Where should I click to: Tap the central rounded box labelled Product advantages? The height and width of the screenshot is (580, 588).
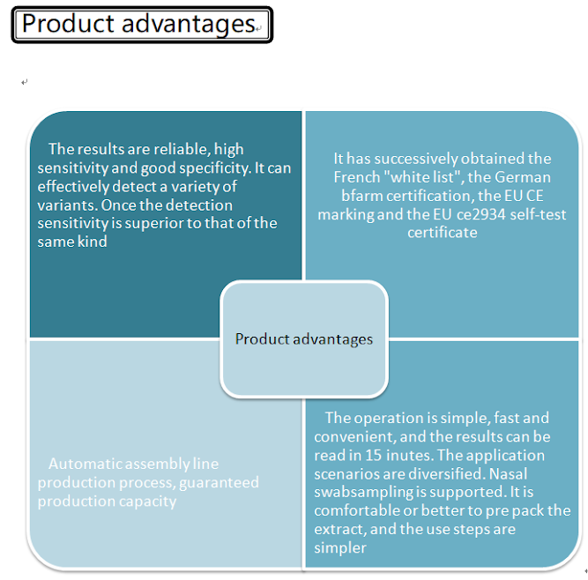coord(303,338)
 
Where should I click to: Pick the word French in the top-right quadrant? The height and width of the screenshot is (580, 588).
coord(356,177)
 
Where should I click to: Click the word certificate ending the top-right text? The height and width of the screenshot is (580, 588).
coord(442,233)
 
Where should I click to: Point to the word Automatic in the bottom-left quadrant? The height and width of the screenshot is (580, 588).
coord(82,464)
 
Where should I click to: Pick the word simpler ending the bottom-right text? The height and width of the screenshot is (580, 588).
coord(339,547)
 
